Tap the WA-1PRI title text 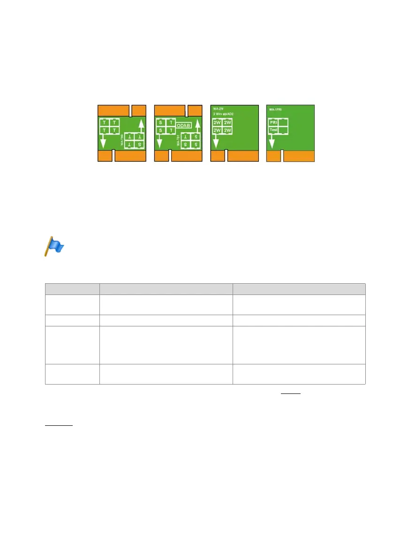275,109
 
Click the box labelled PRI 273,123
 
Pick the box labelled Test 273,130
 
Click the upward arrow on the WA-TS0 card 141,126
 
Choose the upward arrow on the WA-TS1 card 197,126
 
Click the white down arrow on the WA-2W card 216,142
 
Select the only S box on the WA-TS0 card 139,145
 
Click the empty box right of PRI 283,123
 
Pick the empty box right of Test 283,130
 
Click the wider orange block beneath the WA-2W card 242,157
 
